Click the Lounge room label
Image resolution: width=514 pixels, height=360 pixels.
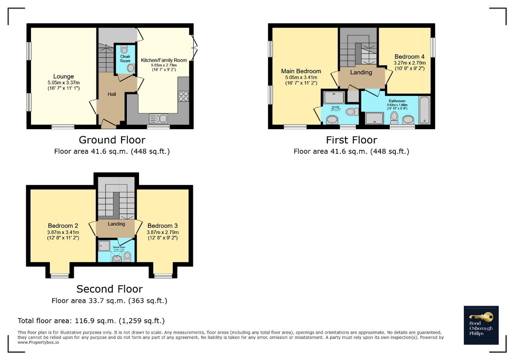click(x=63, y=76)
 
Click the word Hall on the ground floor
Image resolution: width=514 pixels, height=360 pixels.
click(x=112, y=94)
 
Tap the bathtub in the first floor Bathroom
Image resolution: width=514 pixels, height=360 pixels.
click(x=424, y=109)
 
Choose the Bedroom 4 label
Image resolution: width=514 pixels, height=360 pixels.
click(x=409, y=56)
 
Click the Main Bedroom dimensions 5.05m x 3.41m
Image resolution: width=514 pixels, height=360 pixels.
click(x=301, y=79)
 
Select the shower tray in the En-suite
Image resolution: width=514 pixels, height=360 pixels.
click(x=333, y=97)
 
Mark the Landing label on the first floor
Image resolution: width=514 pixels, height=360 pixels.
click(x=361, y=72)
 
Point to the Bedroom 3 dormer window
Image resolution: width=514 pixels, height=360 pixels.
click(x=163, y=276)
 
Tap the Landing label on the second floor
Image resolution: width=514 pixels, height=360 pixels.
click(x=116, y=223)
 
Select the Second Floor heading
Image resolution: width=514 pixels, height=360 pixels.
click(x=110, y=289)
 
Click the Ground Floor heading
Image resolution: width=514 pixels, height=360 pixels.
click(x=112, y=140)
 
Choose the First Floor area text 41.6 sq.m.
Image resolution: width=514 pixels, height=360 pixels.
click(x=351, y=151)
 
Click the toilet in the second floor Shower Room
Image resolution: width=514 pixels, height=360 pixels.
click(x=126, y=256)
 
